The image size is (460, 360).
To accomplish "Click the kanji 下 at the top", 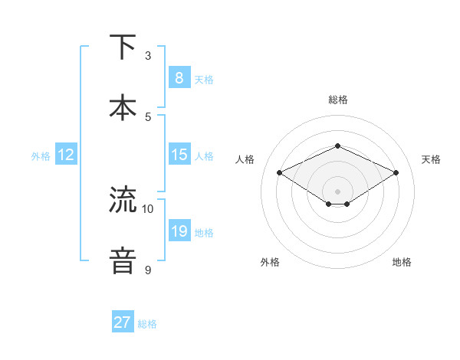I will click(123, 47).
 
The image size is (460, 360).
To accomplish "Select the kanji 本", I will click(123, 107).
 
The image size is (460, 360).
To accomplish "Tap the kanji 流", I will click(123, 201).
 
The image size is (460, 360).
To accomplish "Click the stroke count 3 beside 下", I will click(148, 56).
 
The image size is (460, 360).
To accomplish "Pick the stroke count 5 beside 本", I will click(148, 117).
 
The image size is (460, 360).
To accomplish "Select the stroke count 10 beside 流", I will click(148, 209).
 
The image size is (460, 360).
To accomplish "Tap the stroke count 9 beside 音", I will click(148, 270).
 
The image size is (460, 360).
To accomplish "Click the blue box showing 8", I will click(179, 78).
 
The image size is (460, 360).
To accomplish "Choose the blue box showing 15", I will click(179, 155).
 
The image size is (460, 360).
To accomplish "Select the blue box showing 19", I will click(179, 231).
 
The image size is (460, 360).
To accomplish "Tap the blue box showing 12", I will click(65, 155).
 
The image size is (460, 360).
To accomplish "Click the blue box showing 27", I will click(123, 322).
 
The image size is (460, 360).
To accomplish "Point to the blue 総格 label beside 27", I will click(147, 324).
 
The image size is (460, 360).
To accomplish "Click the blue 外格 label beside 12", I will click(41, 156).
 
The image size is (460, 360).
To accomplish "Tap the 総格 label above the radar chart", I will click(337, 100).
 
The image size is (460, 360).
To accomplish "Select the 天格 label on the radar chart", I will click(431, 159).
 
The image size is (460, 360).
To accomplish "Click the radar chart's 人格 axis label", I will click(245, 159).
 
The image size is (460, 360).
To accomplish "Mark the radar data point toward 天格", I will click(396, 172).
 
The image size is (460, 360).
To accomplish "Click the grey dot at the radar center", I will click(337, 191).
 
